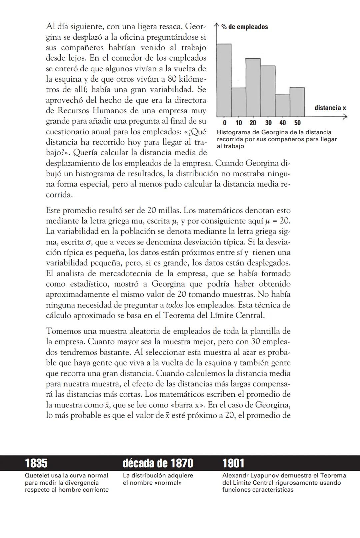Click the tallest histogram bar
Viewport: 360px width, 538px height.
point(224,80)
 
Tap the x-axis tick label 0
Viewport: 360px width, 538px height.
point(225,123)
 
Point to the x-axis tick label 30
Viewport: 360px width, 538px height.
point(268,123)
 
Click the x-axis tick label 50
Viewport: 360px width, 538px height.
point(297,123)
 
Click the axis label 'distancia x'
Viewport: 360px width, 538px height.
point(330,108)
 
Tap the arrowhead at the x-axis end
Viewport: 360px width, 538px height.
point(345,117)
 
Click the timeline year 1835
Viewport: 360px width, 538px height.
point(36,463)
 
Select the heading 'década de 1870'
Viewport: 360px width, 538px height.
point(158,463)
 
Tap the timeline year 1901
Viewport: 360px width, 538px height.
point(233,463)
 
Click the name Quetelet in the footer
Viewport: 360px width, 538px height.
point(36,476)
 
